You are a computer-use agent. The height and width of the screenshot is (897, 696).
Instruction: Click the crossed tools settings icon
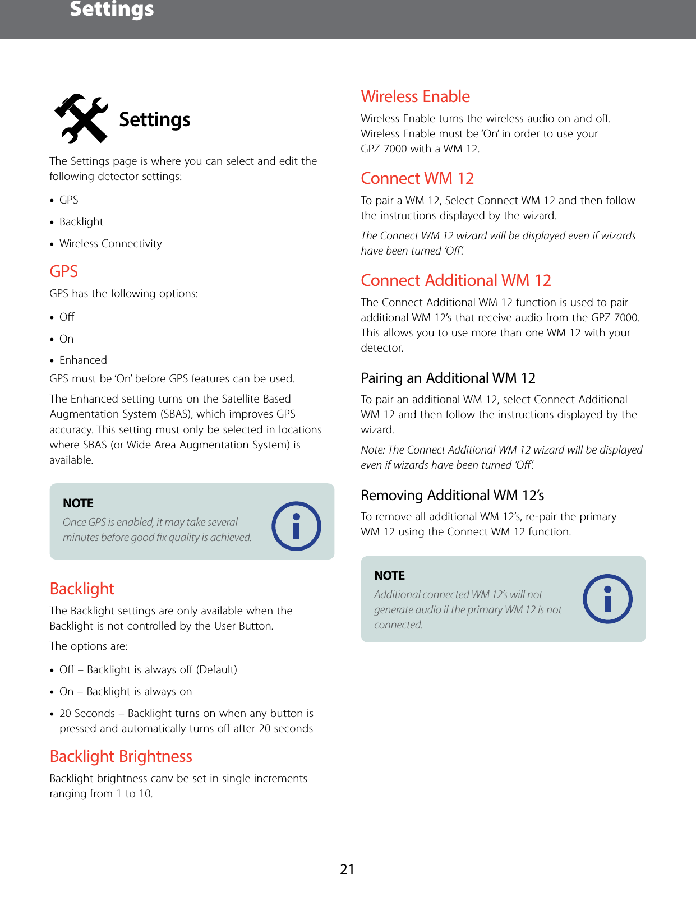click(81, 118)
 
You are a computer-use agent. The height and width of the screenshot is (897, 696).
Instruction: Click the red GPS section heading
click(63, 271)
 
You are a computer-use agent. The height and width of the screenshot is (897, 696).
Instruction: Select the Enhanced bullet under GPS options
click(83, 360)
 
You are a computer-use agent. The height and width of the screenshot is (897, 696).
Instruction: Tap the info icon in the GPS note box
click(296, 526)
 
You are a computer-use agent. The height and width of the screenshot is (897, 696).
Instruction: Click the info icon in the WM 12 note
click(607, 599)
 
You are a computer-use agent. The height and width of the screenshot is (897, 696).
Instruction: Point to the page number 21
click(347, 869)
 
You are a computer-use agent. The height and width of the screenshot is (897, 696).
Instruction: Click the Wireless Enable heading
click(415, 96)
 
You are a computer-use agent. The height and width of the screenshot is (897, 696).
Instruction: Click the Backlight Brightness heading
click(121, 756)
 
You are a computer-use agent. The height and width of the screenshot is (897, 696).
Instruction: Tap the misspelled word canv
click(162, 778)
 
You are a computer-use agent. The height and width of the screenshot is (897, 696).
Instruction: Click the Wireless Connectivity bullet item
click(110, 243)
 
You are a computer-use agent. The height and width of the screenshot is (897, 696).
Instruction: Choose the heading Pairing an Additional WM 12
click(448, 378)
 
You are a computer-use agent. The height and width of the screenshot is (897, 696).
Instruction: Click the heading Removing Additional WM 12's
click(452, 495)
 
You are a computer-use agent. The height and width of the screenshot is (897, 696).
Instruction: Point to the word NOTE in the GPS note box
click(78, 503)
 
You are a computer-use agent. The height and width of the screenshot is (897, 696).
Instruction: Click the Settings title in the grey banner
click(112, 9)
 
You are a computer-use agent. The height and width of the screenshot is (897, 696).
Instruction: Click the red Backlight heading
click(82, 589)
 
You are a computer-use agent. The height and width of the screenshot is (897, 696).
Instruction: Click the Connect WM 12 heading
click(417, 178)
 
